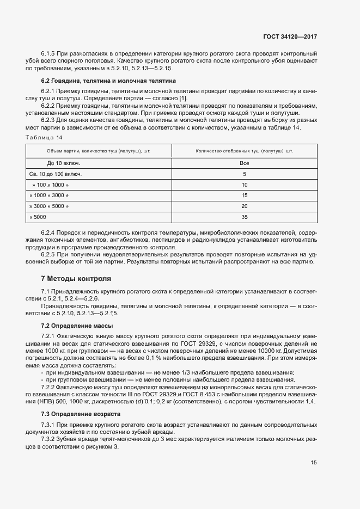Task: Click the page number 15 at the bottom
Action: coord(314,463)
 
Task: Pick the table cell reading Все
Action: coord(244,163)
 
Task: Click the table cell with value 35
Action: coord(244,217)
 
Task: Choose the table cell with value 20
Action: coord(244,206)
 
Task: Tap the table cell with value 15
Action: coord(244,195)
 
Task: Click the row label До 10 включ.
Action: coord(64,163)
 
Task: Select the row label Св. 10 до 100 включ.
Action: coord(56,174)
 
